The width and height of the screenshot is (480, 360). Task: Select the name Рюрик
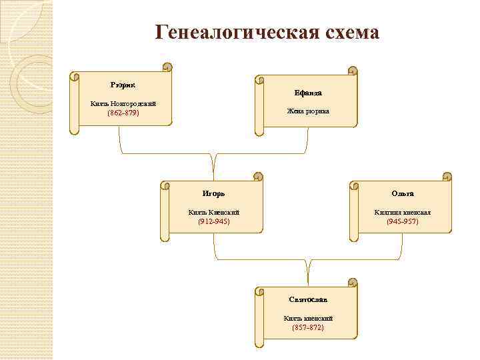pos(123,85)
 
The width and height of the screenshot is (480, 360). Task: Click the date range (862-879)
pos(123,113)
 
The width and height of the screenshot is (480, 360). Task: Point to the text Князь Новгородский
pos(123,104)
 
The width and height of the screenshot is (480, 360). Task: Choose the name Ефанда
pos(308,93)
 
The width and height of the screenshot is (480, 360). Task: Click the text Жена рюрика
pos(308,111)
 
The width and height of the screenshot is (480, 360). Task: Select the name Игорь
pos(214,193)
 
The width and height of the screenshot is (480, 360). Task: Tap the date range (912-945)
pos(214,221)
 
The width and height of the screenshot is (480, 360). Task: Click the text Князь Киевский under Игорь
pos(214,212)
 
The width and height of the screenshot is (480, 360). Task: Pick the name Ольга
pos(403,193)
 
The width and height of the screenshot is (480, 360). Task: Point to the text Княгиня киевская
pos(403,212)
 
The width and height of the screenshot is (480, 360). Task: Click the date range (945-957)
pos(403,221)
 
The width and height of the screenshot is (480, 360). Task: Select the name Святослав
pos(308,299)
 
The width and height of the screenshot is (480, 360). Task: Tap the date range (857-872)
pos(308,327)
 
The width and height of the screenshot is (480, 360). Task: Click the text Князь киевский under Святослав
pos(308,318)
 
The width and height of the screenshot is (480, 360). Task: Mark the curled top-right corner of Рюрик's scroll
pos(167,67)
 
